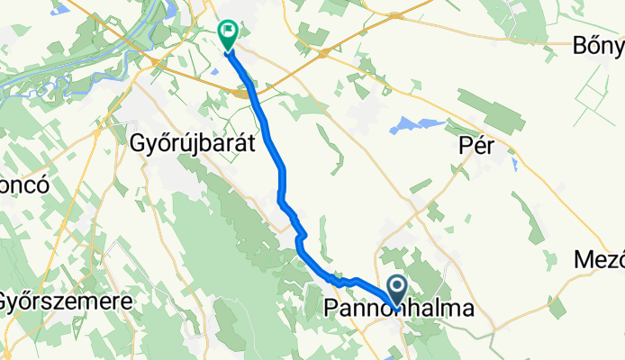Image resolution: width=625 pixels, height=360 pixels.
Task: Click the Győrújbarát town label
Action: click(x=194, y=143)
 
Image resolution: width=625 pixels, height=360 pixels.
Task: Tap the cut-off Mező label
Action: click(x=600, y=261)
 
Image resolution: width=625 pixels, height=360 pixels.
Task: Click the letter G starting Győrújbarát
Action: click(x=138, y=143)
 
